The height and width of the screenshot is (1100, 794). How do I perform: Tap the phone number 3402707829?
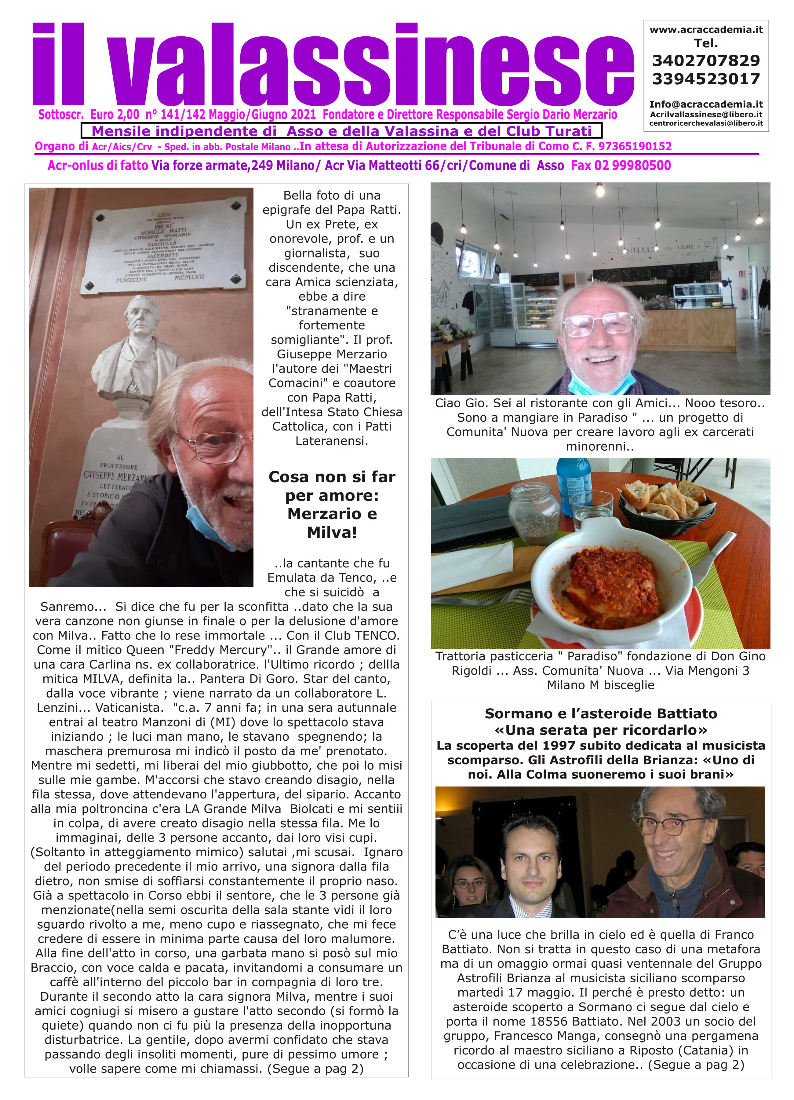pyautogui.click(x=706, y=61)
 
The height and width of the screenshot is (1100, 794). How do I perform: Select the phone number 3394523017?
pyautogui.click(x=706, y=79)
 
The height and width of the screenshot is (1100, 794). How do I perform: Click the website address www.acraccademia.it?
pyautogui.click(x=706, y=30)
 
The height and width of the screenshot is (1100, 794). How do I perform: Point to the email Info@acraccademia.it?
pyautogui.click(x=706, y=104)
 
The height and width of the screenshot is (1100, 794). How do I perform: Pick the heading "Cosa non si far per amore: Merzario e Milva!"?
pyautogui.click(x=332, y=504)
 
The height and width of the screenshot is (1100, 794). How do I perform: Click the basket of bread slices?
pyautogui.click(x=667, y=500)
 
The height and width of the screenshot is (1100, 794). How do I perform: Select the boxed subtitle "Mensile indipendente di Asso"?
pyautogui.click(x=342, y=131)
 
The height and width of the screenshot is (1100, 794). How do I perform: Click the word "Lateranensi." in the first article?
pyautogui.click(x=332, y=441)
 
